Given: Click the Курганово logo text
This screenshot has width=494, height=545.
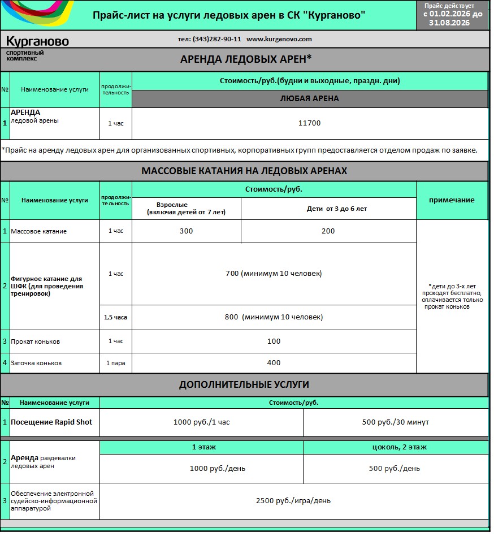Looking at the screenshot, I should tap(37, 41).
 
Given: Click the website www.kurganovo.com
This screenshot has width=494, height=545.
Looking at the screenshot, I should tap(279, 39).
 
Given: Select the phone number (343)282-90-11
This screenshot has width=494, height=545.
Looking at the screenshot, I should tap(209, 39).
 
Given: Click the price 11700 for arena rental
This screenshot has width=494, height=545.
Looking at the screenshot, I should tap(309, 123).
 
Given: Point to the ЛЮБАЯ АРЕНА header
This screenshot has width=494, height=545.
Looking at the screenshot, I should tap(309, 98).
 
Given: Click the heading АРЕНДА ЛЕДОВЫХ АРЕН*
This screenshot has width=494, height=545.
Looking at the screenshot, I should tap(245, 59).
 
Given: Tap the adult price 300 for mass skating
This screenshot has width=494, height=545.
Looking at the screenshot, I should tap(186, 231).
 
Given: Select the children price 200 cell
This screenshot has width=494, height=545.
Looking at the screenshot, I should tap(328, 231).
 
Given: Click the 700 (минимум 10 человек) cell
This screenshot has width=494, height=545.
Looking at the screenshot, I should tap(274, 274).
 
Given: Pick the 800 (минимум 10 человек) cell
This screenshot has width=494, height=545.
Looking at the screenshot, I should tap(274, 317).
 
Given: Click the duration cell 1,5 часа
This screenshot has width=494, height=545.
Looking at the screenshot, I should tap(115, 317).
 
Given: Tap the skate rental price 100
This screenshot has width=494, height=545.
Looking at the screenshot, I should tap(274, 341).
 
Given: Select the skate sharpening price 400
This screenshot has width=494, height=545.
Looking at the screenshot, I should tap(274, 362).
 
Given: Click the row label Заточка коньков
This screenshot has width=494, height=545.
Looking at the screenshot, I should tap(36, 363).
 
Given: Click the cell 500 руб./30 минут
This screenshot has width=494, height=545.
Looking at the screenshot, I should tap(395, 422).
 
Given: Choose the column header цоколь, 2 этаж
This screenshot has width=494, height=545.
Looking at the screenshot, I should tap(395, 447).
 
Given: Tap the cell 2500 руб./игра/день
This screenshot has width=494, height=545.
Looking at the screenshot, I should tap(293, 500).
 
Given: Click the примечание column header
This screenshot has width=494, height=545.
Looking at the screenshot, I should tap(452, 200).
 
